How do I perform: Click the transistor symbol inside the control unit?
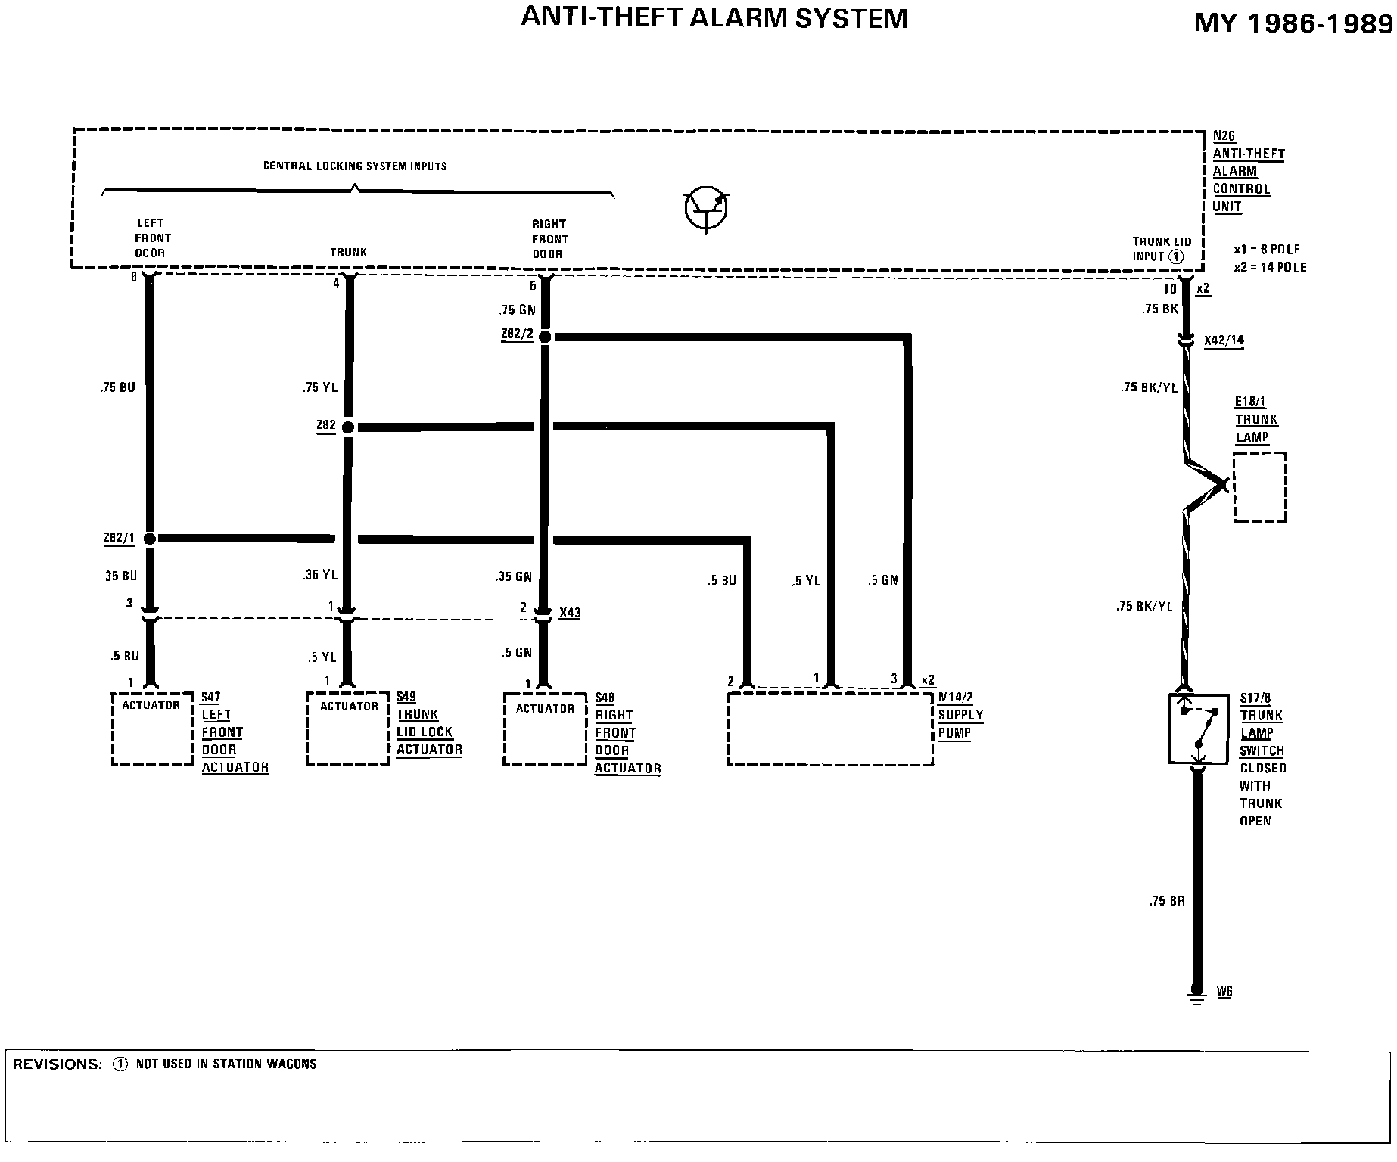pyautogui.click(x=706, y=210)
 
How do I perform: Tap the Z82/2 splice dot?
pyautogui.click(x=545, y=336)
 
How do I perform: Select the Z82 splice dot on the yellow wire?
pyautogui.click(x=348, y=427)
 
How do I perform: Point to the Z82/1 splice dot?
pyautogui.click(x=149, y=539)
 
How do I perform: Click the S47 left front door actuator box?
pyautogui.click(x=153, y=729)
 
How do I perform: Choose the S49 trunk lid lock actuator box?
pyautogui.click(x=348, y=729)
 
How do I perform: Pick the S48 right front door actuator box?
pyautogui.click(x=545, y=729)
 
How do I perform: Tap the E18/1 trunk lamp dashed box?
pyautogui.click(x=1259, y=487)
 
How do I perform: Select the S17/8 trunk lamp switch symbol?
pyautogui.click(x=1199, y=729)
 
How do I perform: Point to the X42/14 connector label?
pyautogui.click(x=1224, y=340)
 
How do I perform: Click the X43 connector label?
pyautogui.click(x=570, y=612)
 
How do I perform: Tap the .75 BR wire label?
pyautogui.click(x=1166, y=901)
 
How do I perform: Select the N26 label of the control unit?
pyautogui.click(x=1224, y=136)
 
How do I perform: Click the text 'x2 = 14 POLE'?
pyautogui.click(x=1270, y=267)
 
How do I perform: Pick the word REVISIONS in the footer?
pyautogui.click(x=57, y=1064)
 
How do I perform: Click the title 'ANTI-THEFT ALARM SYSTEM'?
pyautogui.click(x=714, y=18)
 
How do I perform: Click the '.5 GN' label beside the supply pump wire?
pyautogui.click(x=882, y=580)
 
